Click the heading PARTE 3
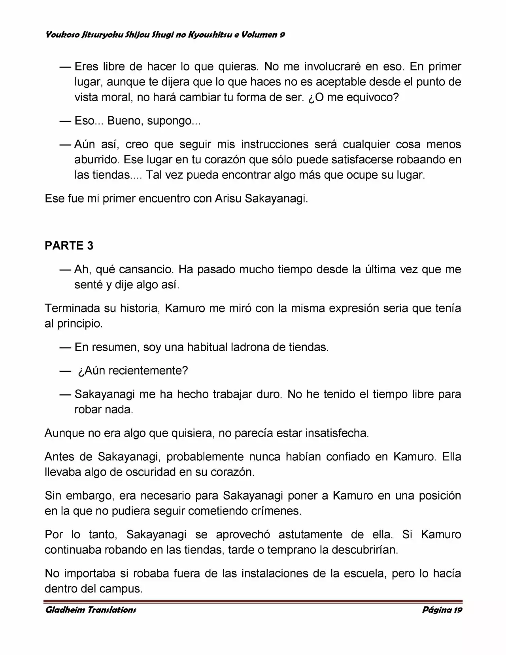(x=69, y=246)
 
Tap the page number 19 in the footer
(x=458, y=610)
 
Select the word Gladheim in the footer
(x=63, y=610)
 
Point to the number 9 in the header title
(x=282, y=35)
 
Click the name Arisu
(x=228, y=199)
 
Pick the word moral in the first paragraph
(x=115, y=97)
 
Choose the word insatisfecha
(x=337, y=433)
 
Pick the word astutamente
(x=311, y=535)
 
